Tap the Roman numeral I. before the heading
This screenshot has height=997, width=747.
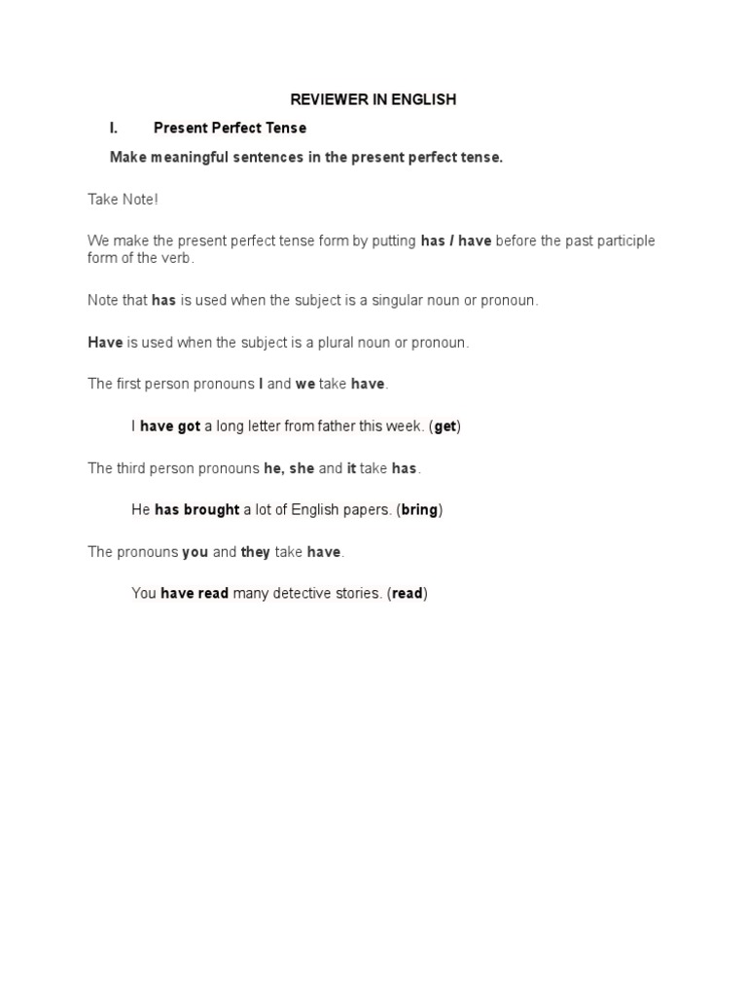point(114,128)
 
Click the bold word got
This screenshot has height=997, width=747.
point(189,426)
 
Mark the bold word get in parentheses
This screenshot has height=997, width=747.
point(445,426)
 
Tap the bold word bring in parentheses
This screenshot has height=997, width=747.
point(419,509)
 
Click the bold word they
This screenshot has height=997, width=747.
point(256,552)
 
